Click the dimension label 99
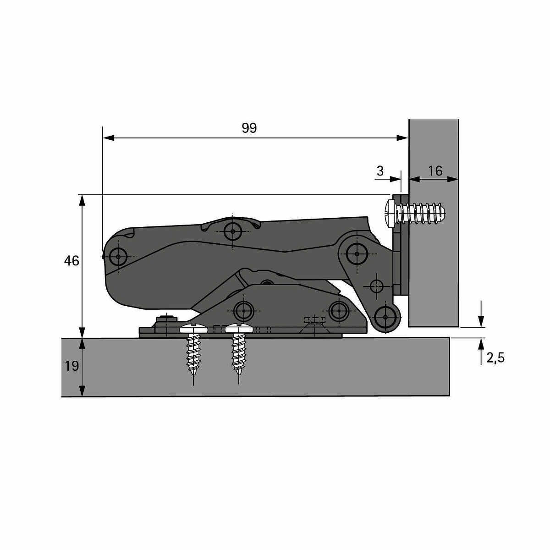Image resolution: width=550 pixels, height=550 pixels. point(249,128)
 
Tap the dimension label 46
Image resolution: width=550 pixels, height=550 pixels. point(71,261)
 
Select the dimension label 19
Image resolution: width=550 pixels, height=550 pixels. point(71,366)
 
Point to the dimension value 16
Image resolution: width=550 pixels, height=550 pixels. point(435,171)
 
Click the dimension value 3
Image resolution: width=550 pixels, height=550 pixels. point(380,171)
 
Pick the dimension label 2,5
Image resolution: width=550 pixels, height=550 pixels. point(495,358)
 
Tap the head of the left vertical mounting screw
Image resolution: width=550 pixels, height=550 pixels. point(193,329)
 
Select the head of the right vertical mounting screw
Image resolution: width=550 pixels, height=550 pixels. point(239,329)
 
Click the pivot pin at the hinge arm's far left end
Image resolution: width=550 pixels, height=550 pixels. point(118,257)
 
